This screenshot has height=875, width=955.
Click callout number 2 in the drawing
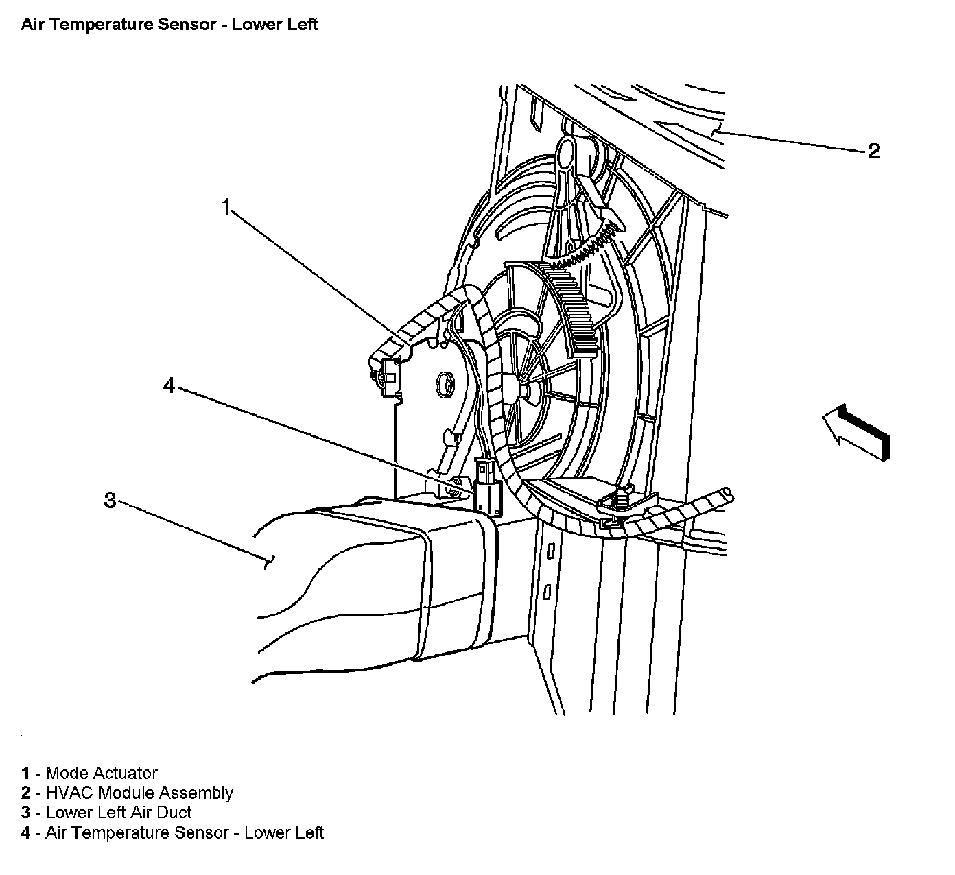(x=873, y=151)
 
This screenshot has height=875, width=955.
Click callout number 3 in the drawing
(x=110, y=500)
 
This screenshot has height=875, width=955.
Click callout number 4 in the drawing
(x=169, y=385)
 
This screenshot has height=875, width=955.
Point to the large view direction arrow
(x=855, y=430)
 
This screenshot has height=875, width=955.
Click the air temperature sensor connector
(x=488, y=488)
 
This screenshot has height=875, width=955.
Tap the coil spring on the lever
(x=589, y=249)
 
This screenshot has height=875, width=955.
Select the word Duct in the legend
(x=176, y=813)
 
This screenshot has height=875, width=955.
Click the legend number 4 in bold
(x=25, y=833)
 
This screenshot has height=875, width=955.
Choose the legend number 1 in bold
(x=25, y=774)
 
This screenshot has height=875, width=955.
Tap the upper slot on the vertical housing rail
(x=550, y=551)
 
